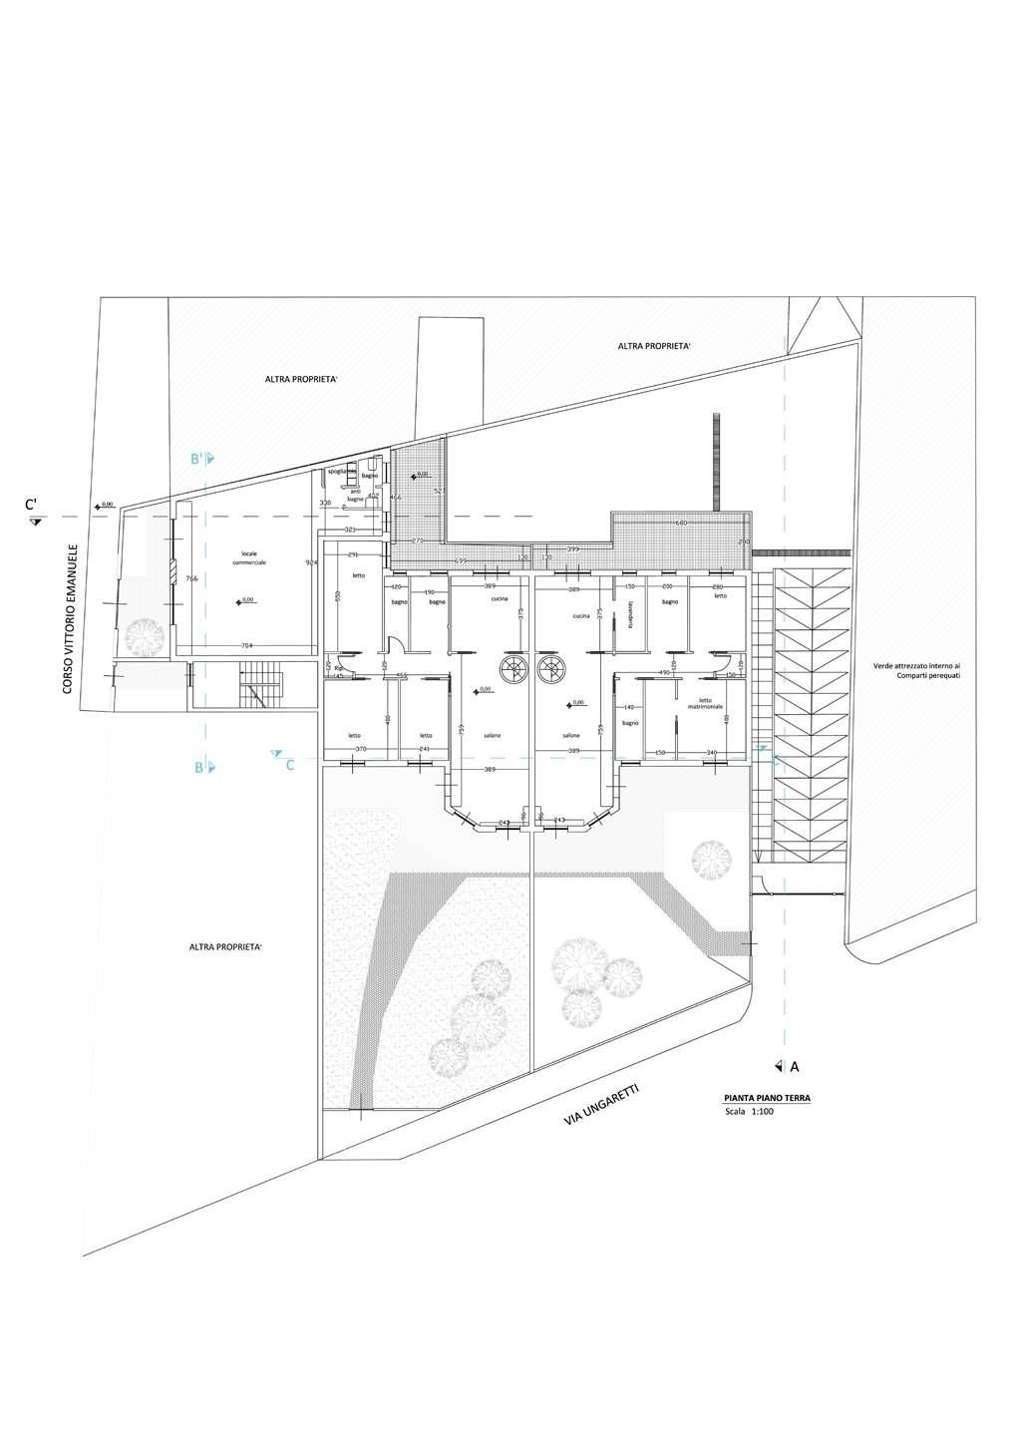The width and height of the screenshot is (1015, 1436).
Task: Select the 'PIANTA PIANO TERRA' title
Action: pyautogui.click(x=767, y=1098)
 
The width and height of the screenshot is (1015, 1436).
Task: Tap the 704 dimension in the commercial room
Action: pyautogui.click(x=245, y=645)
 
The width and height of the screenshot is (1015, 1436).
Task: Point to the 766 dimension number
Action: pyautogui.click(x=191, y=579)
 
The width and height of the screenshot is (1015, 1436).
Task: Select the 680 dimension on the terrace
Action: pyautogui.click(x=682, y=523)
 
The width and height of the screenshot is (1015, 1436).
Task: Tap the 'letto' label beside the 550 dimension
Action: pyautogui.click(x=355, y=575)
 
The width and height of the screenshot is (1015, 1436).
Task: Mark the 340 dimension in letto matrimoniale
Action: pyautogui.click(x=711, y=752)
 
